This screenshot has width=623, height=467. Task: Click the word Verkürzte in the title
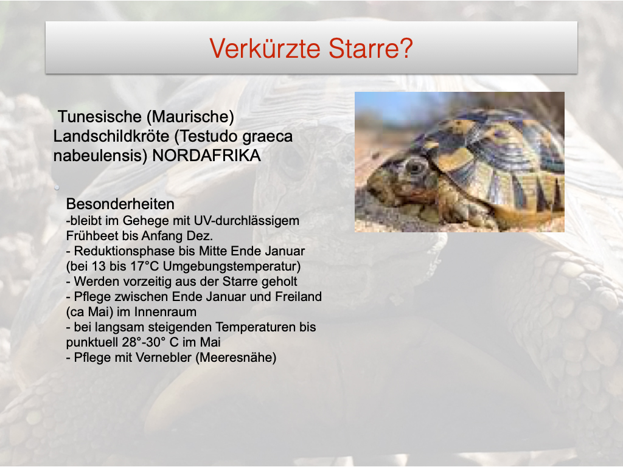[x=265, y=49]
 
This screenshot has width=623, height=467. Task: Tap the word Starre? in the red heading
[x=371, y=49]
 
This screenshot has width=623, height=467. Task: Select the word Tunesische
[x=100, y=117]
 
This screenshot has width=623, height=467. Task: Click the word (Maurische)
[x=190, y=117]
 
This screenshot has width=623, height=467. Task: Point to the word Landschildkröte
[x=111, y=136]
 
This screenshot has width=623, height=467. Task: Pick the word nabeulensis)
[x=100, y=156]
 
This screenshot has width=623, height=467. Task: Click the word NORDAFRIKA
[x=207, y=156]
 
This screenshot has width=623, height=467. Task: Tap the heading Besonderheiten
[x=120, y=204]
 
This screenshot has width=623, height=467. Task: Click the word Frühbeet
[x=92, y=236]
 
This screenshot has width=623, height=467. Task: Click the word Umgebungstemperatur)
[x=232, y=266]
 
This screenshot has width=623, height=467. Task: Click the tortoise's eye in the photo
[x=416, y=168]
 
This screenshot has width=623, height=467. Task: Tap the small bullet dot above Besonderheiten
[x=57, y=187]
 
